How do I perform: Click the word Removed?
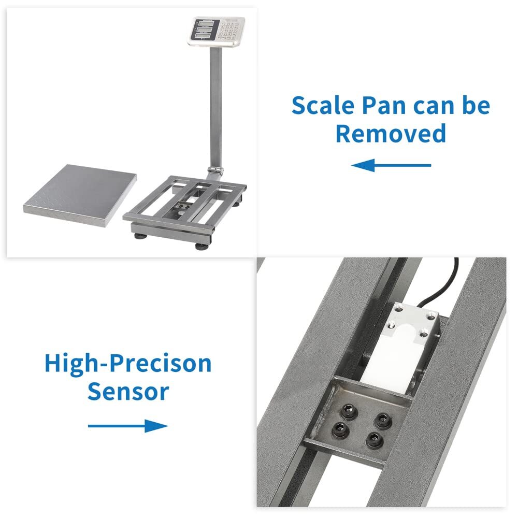[x=391, y=133]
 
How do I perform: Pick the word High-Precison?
[x=128, y=364]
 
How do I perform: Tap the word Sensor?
[x=128, y=392]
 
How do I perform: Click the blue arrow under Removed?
[x=391, y=166]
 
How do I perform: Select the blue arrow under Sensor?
[x=128, y=426]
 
